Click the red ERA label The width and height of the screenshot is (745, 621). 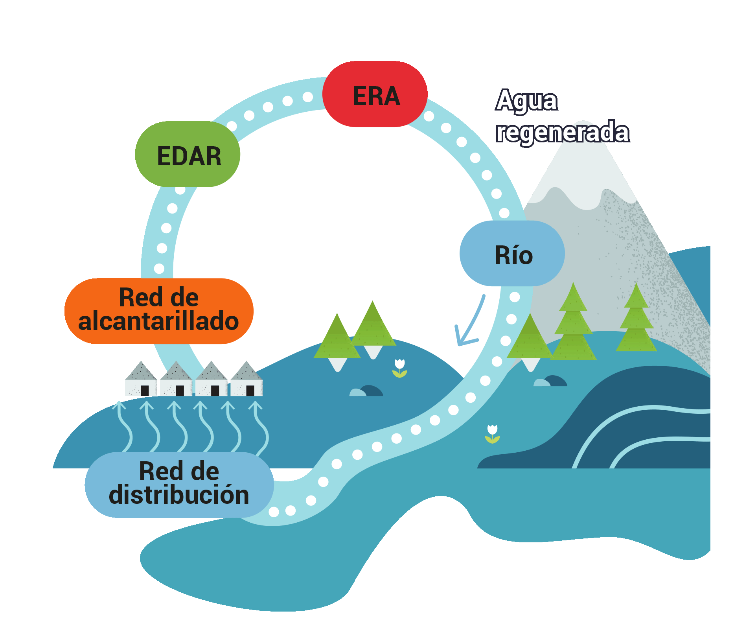point(375,94)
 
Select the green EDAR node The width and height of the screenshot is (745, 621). point(188,155)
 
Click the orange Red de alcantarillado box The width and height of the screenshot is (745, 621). point(159,311)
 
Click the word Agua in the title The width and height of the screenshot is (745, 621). point(526,101)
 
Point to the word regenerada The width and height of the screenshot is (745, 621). point(562,132)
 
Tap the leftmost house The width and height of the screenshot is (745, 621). point(141,379)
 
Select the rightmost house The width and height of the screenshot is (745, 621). point(246,379)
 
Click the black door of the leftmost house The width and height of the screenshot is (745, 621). point(145,390)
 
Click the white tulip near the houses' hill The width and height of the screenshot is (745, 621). point(399,368)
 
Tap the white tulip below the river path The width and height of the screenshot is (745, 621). point(492,434)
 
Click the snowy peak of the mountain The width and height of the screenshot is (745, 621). point(582,165)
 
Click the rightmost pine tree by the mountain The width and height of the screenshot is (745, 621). point(636,321)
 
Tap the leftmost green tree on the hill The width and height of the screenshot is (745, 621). point(337,338)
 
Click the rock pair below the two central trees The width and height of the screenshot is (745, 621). point(366,391)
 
